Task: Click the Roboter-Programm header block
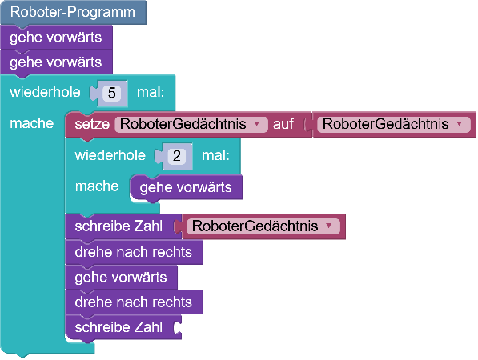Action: tap(73, 13)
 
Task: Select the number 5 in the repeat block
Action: tap(112, 93)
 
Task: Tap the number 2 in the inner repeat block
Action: tap(177, 156)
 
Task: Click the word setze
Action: tap(92, 124)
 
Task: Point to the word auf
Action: tap(283, 124)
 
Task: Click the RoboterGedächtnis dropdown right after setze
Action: tap(191, 124)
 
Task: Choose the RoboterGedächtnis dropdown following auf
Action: tap(394, 124)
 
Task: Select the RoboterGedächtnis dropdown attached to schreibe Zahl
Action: tap(263, 226)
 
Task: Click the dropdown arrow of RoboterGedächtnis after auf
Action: tap(460, 124)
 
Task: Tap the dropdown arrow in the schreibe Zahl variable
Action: tap(328, 226)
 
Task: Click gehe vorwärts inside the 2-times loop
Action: tap(186, 187)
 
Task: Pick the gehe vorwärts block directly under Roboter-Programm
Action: tap(56, 38)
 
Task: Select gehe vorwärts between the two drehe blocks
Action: tap(121, 278)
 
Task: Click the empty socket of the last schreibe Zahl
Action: tap(177, 327)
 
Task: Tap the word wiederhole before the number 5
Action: tap(45, 92)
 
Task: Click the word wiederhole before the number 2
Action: tap(110, 155)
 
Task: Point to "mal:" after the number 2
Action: tap(215, 155)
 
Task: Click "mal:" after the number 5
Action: tap(151, 92)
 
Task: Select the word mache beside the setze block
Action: tap(32, 123)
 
